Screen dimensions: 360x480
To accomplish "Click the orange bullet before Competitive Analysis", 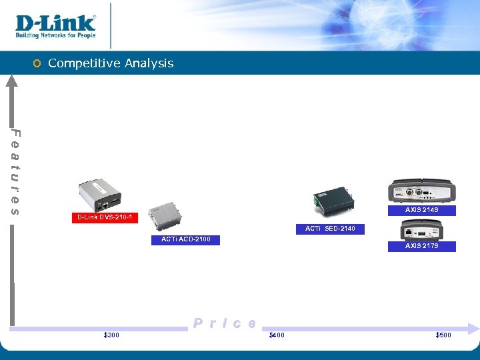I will (37, 64).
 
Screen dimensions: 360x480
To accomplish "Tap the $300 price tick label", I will (112, 335).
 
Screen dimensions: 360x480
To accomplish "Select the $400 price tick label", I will (276, 335).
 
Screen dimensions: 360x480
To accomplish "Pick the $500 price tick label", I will (443, 335).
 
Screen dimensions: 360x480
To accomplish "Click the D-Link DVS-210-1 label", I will (105, 217).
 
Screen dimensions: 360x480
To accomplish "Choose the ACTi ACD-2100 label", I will (190, 239).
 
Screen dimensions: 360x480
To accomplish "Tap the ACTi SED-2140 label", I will (330, 229).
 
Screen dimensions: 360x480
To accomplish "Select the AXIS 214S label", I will (421, 210).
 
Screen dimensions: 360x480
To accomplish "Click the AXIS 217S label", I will (421, 246).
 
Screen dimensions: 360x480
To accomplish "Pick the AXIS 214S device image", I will (421, 191).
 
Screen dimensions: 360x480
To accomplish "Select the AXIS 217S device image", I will (420, 231).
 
